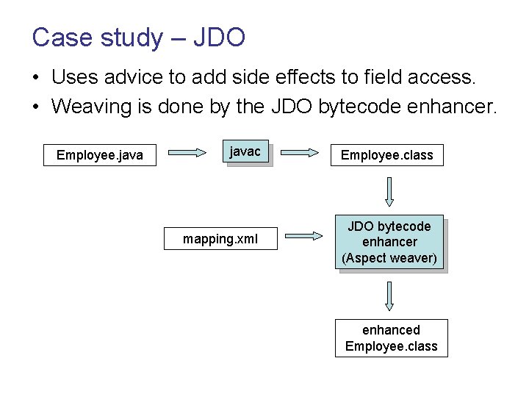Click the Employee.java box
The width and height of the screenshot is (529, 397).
(x=100, y=155)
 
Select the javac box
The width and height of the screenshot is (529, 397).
(x=245, y=152)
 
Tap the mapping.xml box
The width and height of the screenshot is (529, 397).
(x=220, y=239)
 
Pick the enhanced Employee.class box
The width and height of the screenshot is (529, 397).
(x=391, y=338)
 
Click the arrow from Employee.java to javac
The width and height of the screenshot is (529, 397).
(x=188, y=153)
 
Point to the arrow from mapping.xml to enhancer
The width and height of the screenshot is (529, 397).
(x=303, y=236)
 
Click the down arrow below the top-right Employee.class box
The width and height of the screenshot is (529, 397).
(x=389, y=193)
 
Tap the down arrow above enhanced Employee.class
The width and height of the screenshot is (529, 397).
(x=389, y=296)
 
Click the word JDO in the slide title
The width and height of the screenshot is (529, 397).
(x=218, y=37)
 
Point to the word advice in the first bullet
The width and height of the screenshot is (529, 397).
(x=148, y=76)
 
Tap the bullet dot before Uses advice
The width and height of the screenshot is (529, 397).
(x=36, y=77)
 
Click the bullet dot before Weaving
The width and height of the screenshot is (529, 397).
(x=36, y=107)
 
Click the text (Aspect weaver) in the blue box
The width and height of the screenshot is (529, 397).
(x=389, y=258)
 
